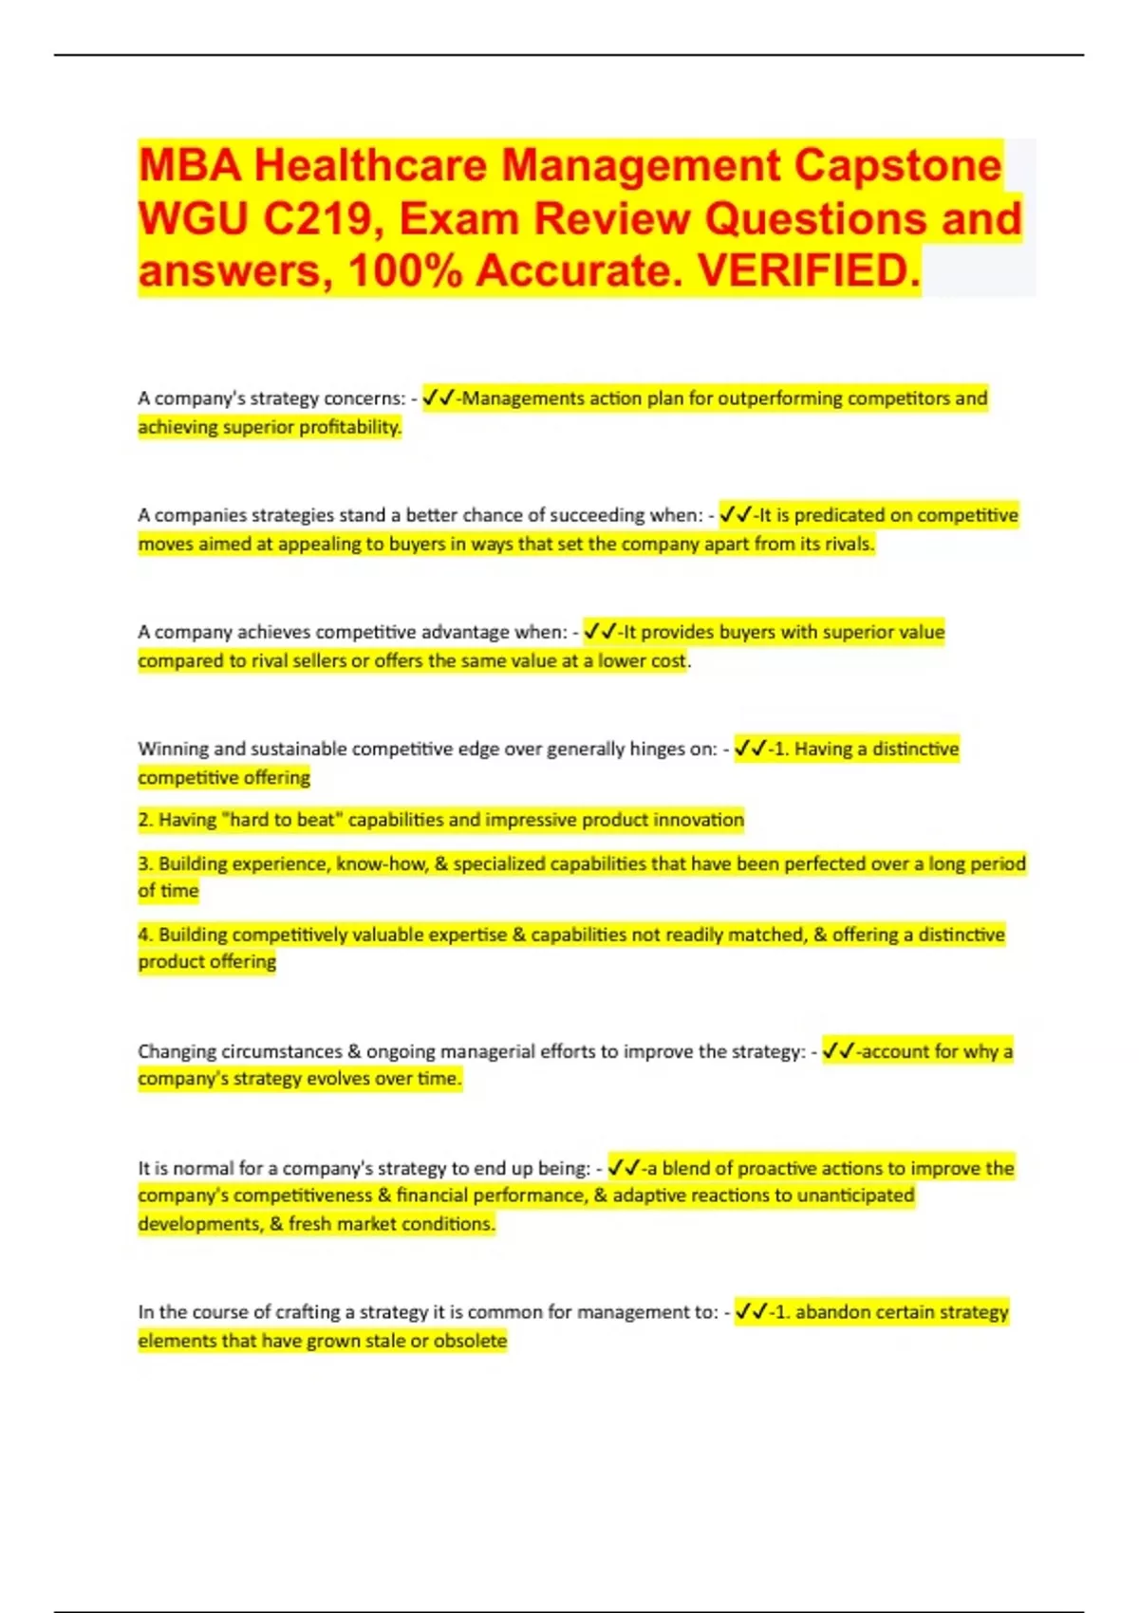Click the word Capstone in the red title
coord(897,165)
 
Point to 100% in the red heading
coord(405,271)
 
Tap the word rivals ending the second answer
coord(847,544)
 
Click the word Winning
coord(173,749)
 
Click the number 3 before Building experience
coord(144,863)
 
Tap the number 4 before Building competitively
coord(144,935)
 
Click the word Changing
coord(177,1051)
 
